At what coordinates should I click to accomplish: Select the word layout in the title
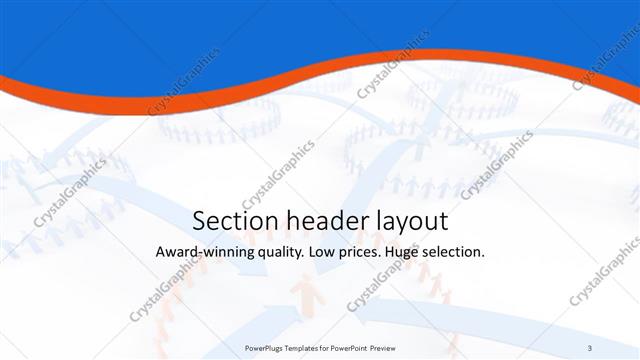point(407,221)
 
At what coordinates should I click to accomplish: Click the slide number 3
point(590,347)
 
